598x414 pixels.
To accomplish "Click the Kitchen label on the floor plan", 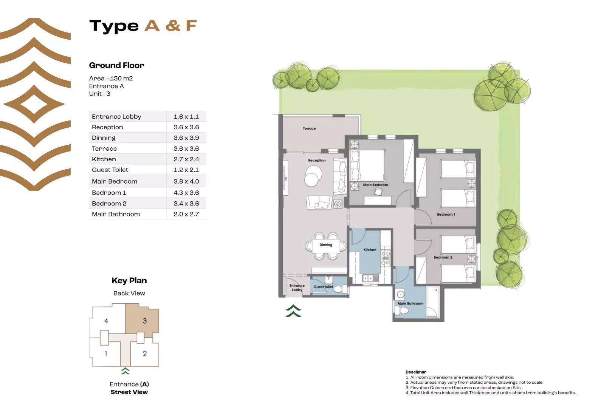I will click(370, 250).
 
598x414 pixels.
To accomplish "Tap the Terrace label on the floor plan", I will click(309, 128).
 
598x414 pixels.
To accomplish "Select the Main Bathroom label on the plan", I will click(410, 303).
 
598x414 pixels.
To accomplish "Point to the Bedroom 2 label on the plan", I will click(443, 257).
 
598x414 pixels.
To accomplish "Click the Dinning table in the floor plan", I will click(326, 246).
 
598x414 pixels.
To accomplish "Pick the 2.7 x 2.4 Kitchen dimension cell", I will click(186, 159).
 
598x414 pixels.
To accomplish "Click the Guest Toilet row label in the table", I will click(110, 170).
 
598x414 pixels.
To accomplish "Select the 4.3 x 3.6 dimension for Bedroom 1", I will click(186, 193).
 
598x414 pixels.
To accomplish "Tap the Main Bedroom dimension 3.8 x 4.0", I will click(186, 181).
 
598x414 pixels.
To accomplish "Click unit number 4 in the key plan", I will click(106, 321).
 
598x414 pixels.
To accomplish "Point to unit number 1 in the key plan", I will click(106, 354).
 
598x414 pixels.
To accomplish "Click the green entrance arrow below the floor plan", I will click(293, 311).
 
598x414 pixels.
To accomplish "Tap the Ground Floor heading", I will click(116, 65).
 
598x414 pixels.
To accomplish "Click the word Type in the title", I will click(114, 26).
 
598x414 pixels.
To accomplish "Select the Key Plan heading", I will click(129, 281).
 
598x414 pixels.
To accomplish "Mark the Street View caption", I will click(129, 392).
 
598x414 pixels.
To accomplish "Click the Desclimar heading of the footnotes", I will click(416, 372).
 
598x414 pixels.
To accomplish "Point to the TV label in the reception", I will click(286, 179).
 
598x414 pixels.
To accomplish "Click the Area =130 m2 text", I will click(111, 78).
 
